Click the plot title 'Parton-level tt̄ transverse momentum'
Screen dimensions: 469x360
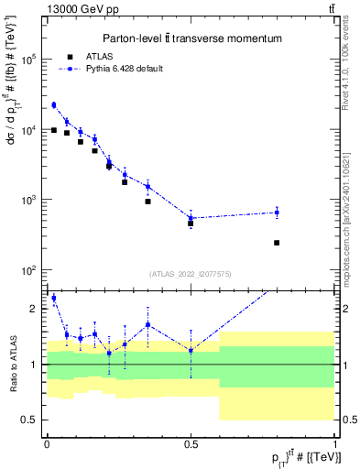(x=191, y=38)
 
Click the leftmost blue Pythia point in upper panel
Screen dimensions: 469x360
(x=54, y=105)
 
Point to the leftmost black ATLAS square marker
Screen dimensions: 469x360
(x=54, y=130)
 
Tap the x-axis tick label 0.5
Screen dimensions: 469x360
(x=191, y=444)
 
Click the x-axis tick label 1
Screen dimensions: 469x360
(x=334, y=444)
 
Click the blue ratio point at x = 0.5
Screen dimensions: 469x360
(x=191, y=350)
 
